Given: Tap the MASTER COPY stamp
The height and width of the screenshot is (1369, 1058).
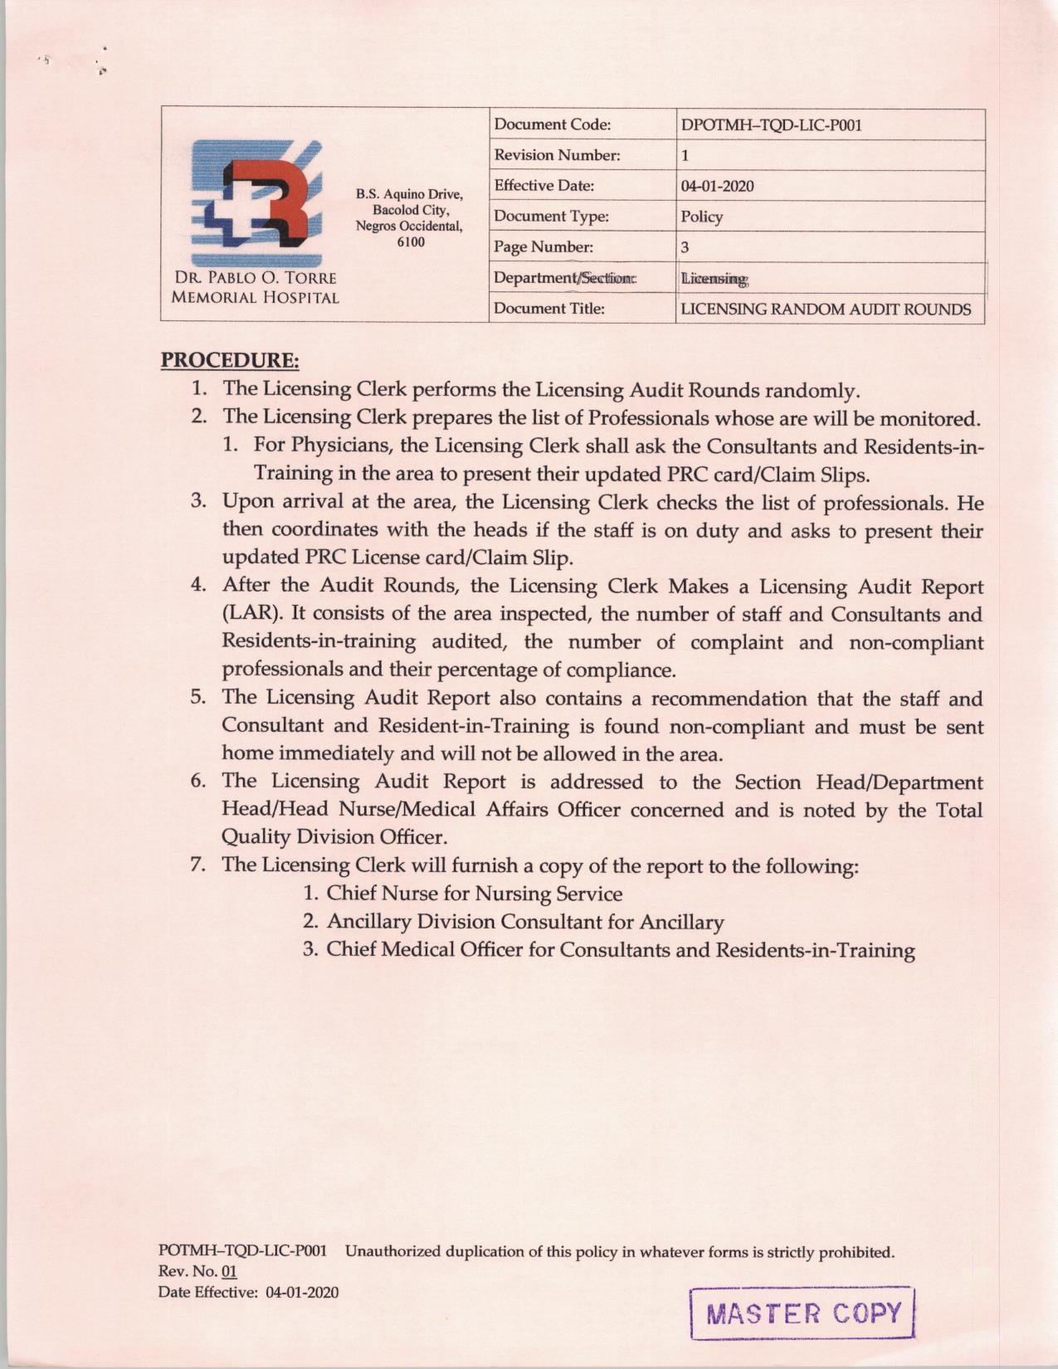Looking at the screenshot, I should [802, 1313].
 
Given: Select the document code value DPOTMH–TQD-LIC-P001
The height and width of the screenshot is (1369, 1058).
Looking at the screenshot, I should [771, 125].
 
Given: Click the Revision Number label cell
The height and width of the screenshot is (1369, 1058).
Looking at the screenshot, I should [557, 155].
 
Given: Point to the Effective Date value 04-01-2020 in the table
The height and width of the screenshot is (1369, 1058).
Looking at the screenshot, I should [717, 186].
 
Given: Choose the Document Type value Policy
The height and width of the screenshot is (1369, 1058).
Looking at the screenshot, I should [702, 217].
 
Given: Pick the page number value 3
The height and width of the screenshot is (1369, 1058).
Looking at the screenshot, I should [685, 247].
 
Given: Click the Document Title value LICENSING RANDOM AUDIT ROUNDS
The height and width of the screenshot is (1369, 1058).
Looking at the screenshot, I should [826, 309].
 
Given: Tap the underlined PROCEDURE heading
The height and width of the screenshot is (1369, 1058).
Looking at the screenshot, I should [230, 361].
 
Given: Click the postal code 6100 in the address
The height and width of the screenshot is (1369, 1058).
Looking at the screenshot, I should [410, 241].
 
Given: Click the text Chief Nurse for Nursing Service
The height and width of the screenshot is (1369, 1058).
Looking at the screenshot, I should [474, 894].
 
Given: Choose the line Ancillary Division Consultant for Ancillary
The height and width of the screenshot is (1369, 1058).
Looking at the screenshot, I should [524, 922].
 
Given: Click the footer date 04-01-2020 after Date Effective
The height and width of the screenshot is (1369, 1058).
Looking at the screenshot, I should [302, 1293].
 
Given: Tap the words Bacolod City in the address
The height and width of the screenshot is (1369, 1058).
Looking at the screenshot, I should [410, 210].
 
